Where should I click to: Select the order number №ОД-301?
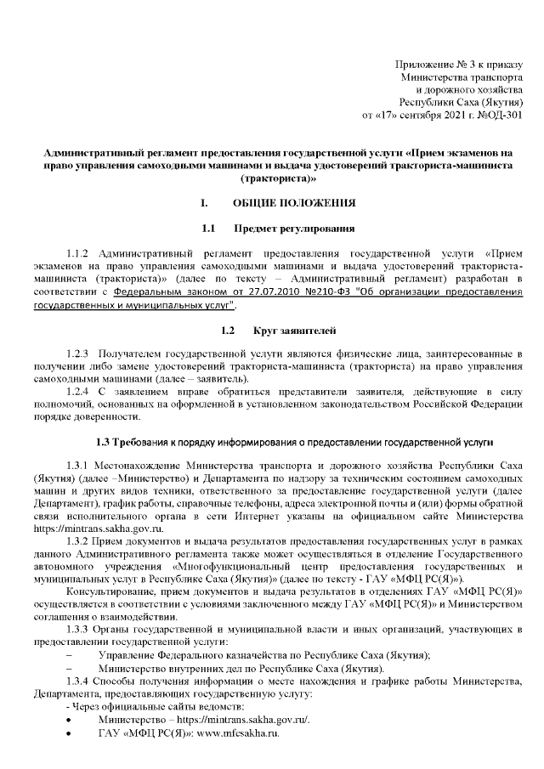(499, 113)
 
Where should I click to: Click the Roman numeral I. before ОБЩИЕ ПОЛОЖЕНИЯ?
(204, 204)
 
